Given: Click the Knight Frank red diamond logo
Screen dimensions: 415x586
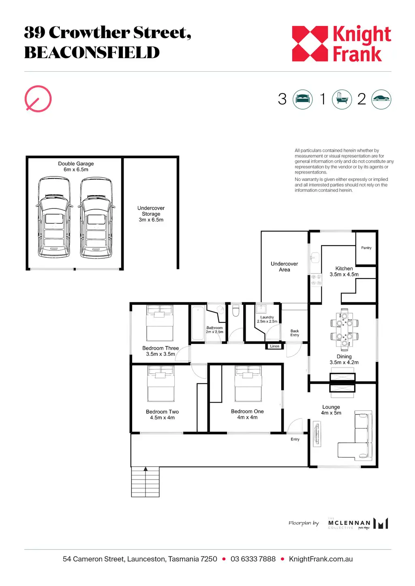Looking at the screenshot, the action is (310, 44).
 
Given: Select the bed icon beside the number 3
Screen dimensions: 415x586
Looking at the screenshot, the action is (303, 99).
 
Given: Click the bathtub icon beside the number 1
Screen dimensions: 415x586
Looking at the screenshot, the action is (342, 99).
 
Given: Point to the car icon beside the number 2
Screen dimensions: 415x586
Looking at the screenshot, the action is (381, 99).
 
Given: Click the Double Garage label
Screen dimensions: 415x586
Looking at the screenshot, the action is (76, 166).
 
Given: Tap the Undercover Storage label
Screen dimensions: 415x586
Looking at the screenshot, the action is (151, 214).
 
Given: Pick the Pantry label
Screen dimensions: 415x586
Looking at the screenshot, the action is (366, 248).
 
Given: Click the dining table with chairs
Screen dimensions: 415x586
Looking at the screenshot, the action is (344, 329).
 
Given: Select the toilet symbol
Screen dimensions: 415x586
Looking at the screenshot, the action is (236, 310).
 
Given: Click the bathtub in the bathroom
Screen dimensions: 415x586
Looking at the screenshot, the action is (198, 323).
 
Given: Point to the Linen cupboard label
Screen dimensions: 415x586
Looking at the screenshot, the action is (274, 346).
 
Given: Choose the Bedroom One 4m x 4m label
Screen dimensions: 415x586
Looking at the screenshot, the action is (247, 414).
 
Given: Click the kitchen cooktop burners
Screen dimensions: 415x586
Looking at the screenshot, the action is (316, 280).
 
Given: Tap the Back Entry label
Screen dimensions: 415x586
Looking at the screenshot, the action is (295, 333).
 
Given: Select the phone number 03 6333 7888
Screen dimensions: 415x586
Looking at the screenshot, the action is (253, 559).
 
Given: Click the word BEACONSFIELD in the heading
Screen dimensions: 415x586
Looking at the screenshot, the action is (92, 52).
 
